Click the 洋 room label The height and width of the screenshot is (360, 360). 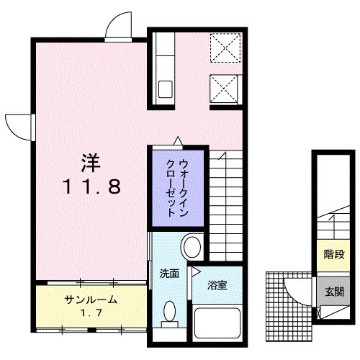90,161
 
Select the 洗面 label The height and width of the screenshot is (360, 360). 169,274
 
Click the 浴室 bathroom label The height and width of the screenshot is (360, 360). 217,284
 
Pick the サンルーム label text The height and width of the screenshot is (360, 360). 90,300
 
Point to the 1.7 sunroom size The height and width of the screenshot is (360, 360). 90,314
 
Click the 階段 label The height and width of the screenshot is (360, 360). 333,253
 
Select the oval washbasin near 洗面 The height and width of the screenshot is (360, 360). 192,247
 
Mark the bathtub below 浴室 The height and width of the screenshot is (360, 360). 217,323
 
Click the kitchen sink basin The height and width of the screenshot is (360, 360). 166,90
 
